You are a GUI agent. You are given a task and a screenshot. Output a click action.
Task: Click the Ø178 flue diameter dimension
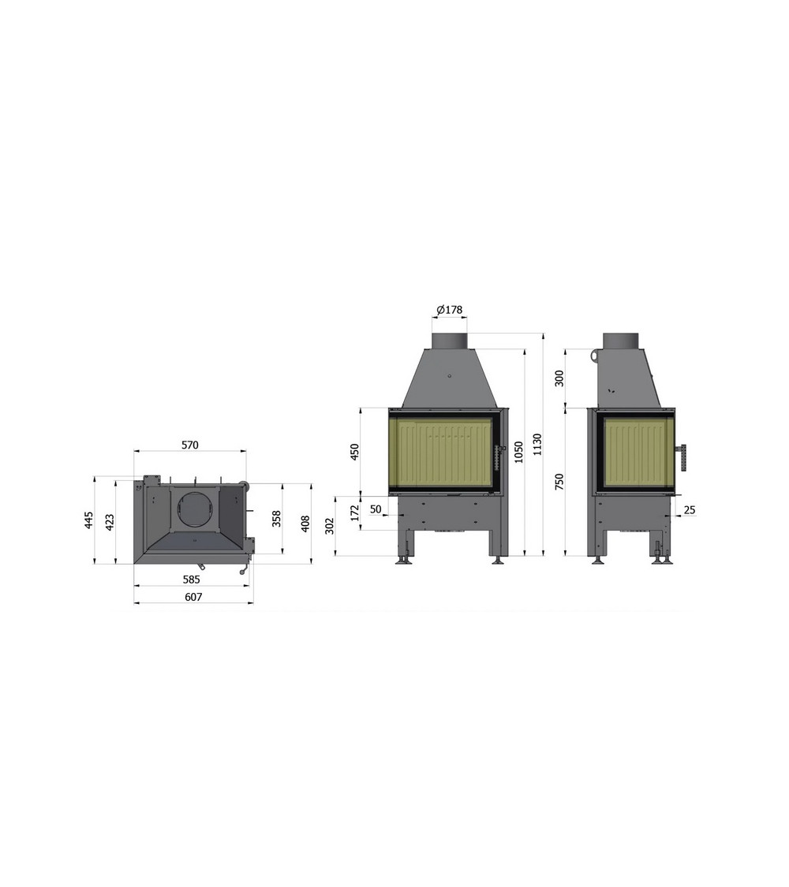pyautogui.click(x=450, y=309)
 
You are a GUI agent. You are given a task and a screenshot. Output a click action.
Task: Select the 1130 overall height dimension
pyautogui.click(x=537, y=445)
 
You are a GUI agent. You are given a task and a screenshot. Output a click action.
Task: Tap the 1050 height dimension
pyautogui.click(x=518, y=452)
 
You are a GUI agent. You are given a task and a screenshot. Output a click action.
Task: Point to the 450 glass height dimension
pyautogui.click(x=354, y=452)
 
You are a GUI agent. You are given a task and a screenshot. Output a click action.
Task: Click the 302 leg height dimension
pyautogui.click(x=330, y=526)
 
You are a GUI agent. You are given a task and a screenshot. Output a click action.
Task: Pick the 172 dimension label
pyautogui.click(x=355, y=513)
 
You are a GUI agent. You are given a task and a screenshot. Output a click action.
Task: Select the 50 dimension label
pyautogui.click(x=376, y=509)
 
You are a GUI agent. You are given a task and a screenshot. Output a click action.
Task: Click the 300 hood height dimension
pyautogui.click(x=559, y=378)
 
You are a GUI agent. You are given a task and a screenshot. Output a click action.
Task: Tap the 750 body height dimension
pyautogui.click(x=559, y=482)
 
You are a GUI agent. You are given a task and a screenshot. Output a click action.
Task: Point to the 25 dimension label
pyautogui.click(x=690, y=509)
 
